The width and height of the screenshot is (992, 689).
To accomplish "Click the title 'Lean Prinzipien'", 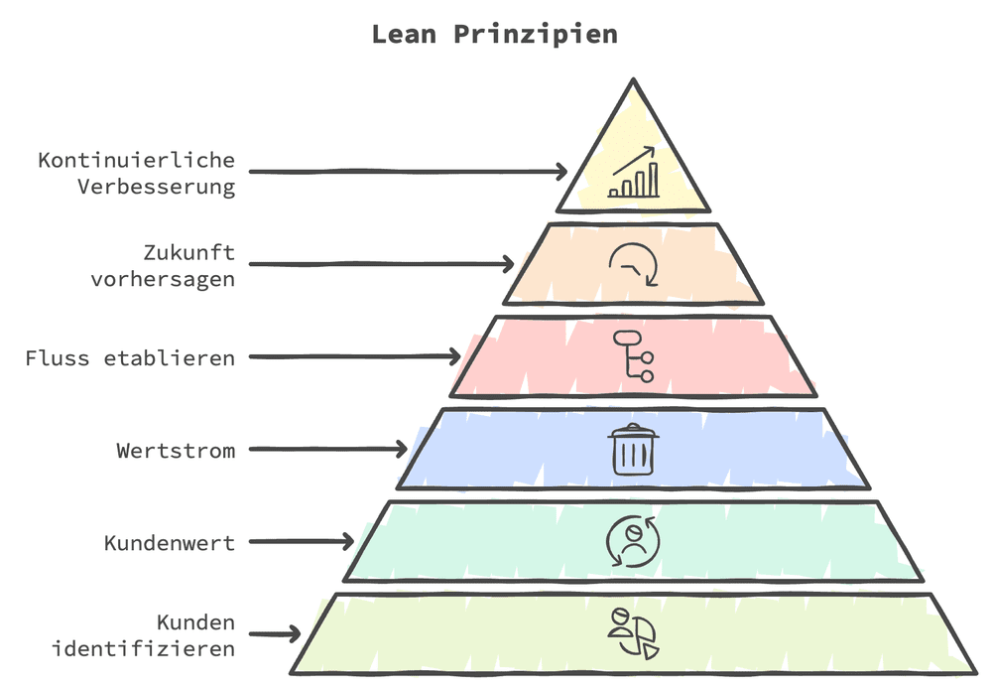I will click(x=494, y=34).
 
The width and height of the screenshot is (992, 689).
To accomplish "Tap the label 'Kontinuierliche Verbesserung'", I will click(x=137, y=173).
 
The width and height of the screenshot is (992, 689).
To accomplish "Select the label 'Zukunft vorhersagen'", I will click(x=163, y=265).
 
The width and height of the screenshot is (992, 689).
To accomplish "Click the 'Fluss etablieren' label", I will click(x=130, y=357).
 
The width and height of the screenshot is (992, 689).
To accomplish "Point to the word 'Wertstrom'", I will click(x=176, y=450).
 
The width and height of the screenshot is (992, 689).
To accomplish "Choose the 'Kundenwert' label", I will click(x=170, y=543).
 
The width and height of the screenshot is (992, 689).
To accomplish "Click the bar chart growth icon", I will click(x=633, y=173).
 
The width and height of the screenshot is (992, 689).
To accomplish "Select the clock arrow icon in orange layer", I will click(x=633, y=264).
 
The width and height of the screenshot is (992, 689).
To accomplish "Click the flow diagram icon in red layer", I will click(x=633, y=355).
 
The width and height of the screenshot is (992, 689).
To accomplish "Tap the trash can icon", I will click(x=633, y=449).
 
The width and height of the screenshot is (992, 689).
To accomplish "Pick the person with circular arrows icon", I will click(x=633, y=541).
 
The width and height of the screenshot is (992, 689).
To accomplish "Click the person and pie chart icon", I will click(x=633, y=633).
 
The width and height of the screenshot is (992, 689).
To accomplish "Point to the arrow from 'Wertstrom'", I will click(x=327, y=450).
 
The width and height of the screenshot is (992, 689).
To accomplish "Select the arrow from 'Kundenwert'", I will click(x=301, y=542).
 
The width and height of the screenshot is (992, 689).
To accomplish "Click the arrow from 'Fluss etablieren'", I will click(x=354, y=357).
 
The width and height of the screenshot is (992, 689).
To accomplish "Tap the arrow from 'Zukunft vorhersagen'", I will click(x=381, y=265).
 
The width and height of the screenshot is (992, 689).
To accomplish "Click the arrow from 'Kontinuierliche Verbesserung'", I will click(x=408, y=172).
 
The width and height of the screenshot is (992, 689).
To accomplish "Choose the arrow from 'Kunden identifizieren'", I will click(x=275, y=633).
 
